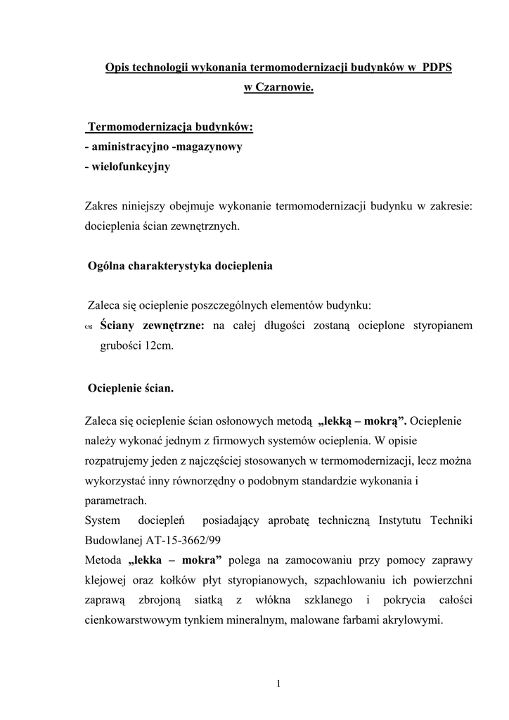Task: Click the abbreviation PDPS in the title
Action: click(437, 68)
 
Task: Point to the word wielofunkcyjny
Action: click(130, 167)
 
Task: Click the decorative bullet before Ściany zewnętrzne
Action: click(88, 326)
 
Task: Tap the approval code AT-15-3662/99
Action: click(183, 540)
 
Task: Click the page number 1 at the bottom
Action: click(278, 683)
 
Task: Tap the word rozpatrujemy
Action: click(116, 461)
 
